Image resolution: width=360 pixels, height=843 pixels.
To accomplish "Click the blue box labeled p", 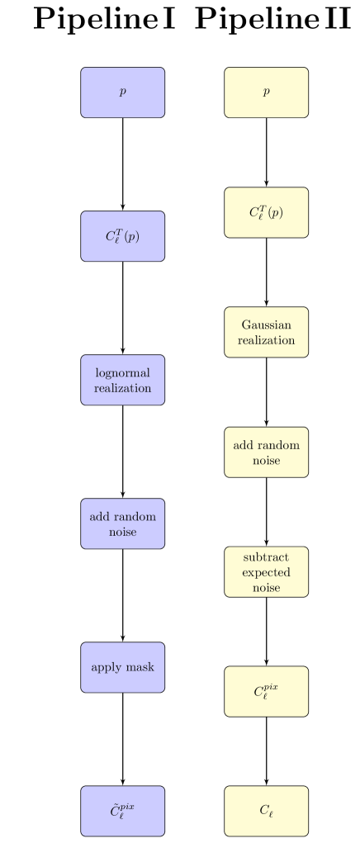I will (x=122, y=92).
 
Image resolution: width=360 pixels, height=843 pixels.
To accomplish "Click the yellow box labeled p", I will (x=266, y=92).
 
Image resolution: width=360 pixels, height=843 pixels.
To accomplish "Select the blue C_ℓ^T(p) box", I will (x=122, y=236).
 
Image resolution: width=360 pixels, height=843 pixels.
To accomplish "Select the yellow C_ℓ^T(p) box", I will (x=266, y=212).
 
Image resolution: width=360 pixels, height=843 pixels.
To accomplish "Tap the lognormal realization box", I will (x=122, y=380).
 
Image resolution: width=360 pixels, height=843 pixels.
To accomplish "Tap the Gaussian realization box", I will (x=266, y=332).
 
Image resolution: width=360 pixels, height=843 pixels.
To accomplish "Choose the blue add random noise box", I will (x=122, y=523).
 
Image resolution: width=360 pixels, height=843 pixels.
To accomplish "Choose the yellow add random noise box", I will (x=266, y=452).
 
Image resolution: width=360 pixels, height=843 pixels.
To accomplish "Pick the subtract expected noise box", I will (x=266, y=571).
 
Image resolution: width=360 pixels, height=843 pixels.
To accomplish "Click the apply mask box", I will (x=122, y=667).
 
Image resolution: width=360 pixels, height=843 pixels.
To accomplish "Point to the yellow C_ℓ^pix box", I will (x=266, y=691).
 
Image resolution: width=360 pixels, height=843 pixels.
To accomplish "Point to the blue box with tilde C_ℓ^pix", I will (x=122, y=811).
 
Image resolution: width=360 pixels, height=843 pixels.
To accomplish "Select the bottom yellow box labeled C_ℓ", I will (x=266, y=811).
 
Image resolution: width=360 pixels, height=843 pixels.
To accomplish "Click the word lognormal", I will (x=122, y=372).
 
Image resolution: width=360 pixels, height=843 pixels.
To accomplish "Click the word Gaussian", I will (x=266, y=324).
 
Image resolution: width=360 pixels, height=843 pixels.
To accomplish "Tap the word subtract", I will (x=266, y=556).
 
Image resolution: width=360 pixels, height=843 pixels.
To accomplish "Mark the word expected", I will (x=266, y=572).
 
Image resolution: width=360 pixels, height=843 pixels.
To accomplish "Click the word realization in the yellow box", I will (x=266, y=340).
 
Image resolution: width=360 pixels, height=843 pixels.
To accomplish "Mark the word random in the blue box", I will (x=135, y=516).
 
